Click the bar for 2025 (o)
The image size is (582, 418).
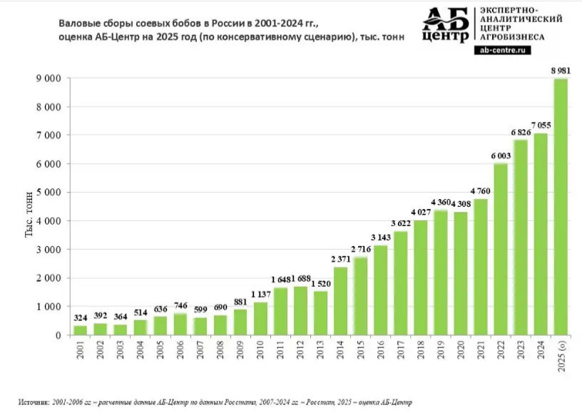pyautogui.click(x=561, y=207)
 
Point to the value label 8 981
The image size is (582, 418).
pyautogui.click(x=560, y=70)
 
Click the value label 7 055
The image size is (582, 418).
pyautogui.click(x=540, y=126)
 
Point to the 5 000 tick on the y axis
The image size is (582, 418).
pyautogui.click(x=49, y=193)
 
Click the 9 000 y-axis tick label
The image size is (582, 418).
pyautogui.click(x=49, y=78)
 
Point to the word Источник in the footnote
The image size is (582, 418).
pyautogui.click(x=34, y=402)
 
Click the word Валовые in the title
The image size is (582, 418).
pyautogui.click(x=79, y=23)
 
